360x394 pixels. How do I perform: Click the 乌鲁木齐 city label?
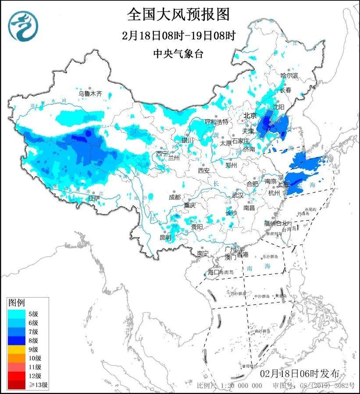(90, 93)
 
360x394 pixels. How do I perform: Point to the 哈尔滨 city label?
(289, 75)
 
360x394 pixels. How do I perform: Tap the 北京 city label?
(250, 115)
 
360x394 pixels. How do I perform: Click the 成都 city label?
(174, 197)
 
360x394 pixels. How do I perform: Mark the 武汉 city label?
(237, 195)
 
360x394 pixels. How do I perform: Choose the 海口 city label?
(213, 272)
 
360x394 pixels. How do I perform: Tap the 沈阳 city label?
(279, 106)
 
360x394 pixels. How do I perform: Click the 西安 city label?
(204, 170)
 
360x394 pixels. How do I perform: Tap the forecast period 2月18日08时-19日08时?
(179, 35)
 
